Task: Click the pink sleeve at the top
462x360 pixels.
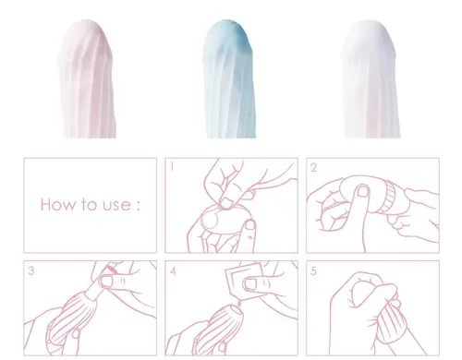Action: pyautogui.click(x=88, y=79)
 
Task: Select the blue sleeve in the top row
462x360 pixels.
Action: pyautogui.click(x=228, y=79)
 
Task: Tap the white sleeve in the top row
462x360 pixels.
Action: pyautogui.click(x=371, y=79)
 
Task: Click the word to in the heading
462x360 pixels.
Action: pyautogui.click(x=90, y=205)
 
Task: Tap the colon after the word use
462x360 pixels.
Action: pyautogui.click(x=138, y=206)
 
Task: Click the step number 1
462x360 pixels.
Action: pyautogui.click(x=172, y=167)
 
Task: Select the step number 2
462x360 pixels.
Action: pyautogui.click(x=313, y=168)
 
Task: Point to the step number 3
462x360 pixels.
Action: pyautogui.click(x=31, y=270)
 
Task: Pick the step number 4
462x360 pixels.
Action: pyautogui.click(x=173, y=271)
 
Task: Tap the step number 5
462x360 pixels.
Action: pyautogui.click(x=313, y=271)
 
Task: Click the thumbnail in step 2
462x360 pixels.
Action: pyautogui.click(x=364, y=191)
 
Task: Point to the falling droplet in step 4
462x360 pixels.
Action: pyautogui.click(x=238, y=304)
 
